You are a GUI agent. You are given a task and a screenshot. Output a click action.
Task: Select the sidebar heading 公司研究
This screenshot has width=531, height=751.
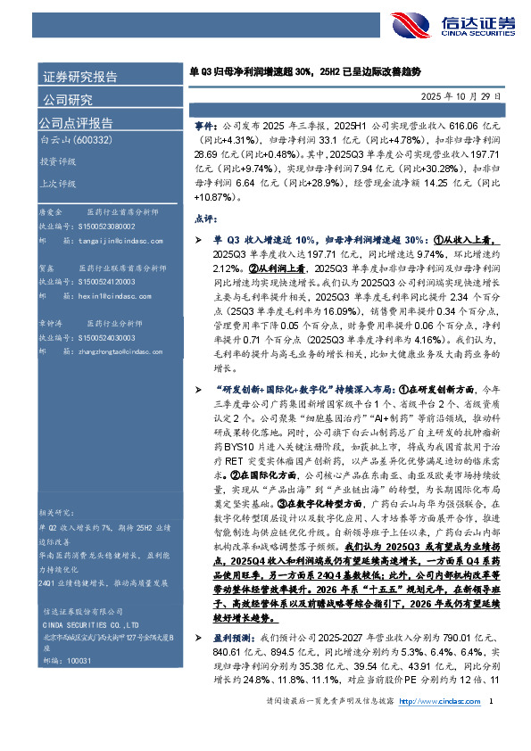click(x=66, y=99)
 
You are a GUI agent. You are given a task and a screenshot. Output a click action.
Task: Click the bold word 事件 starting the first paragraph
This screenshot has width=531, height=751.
click(x=203, y=128)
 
